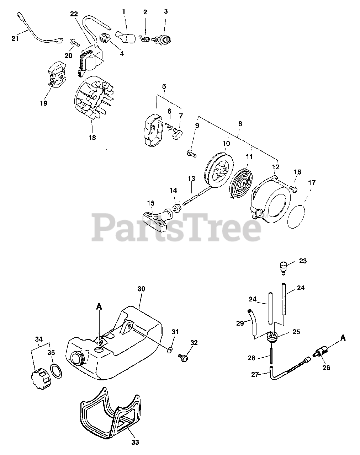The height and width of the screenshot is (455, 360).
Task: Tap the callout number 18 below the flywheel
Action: (92, 138)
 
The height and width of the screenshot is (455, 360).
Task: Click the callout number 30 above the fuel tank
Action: (141, 289)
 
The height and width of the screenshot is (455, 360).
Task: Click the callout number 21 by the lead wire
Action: (15, 38)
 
